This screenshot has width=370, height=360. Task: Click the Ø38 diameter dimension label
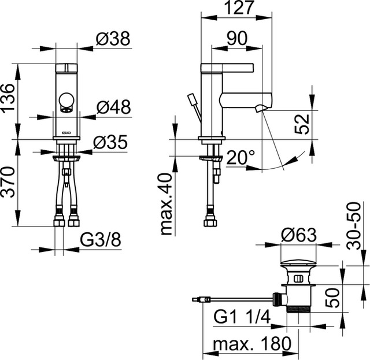pos(113,39)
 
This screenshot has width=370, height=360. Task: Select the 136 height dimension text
pos(8,97)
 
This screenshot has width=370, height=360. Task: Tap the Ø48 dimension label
pos(113,107)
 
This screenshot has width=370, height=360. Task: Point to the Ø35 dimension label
pos(110,142)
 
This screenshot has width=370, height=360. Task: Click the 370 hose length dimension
pos(8,182)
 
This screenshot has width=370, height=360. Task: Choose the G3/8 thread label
pos(101,240)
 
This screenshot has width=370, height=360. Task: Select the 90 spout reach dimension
pos(237,38)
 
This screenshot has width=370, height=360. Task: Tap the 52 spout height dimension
pos(302,124)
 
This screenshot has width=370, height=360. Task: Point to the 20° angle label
pos(240,157)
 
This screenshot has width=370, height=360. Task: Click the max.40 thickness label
pos(168,204)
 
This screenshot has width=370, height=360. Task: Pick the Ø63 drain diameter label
pos(299,235)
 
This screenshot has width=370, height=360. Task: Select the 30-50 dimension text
pos(354,225)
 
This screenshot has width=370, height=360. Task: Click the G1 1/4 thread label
pos(242,317)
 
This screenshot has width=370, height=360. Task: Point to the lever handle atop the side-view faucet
pos(227,68)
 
